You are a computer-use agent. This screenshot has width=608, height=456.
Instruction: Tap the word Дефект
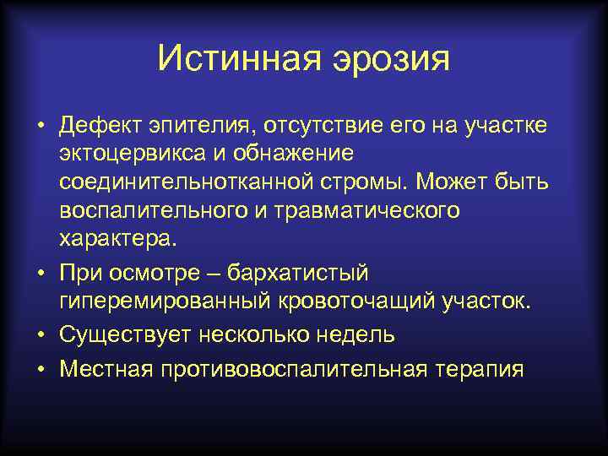pyautogui.click(x=102, y=126)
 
